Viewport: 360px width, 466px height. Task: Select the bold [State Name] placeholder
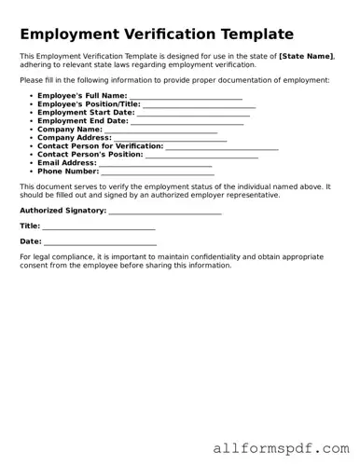tap(307, 56)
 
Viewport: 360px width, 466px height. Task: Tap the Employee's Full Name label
tap(82, 95)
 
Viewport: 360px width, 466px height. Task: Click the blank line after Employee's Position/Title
tap(198, 104)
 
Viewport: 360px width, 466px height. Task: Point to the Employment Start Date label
tap(86, 113)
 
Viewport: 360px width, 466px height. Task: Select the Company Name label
tap(70, 130)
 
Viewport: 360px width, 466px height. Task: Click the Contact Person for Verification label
tap(100, 146)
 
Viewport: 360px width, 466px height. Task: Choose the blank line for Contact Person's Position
tap(201, 155)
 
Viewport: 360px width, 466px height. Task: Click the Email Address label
tap(67, 163)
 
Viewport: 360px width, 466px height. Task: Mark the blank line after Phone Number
tap(157, 171)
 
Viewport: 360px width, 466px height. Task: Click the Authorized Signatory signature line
tap(165, 212)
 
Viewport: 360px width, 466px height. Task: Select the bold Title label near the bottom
tap(30, 226)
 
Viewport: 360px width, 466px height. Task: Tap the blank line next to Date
tap(100, 241)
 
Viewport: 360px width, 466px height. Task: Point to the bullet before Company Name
tap(32, 130)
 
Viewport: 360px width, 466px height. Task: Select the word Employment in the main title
tap(70, 34)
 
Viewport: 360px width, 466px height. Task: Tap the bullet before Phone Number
tap(32, 171)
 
